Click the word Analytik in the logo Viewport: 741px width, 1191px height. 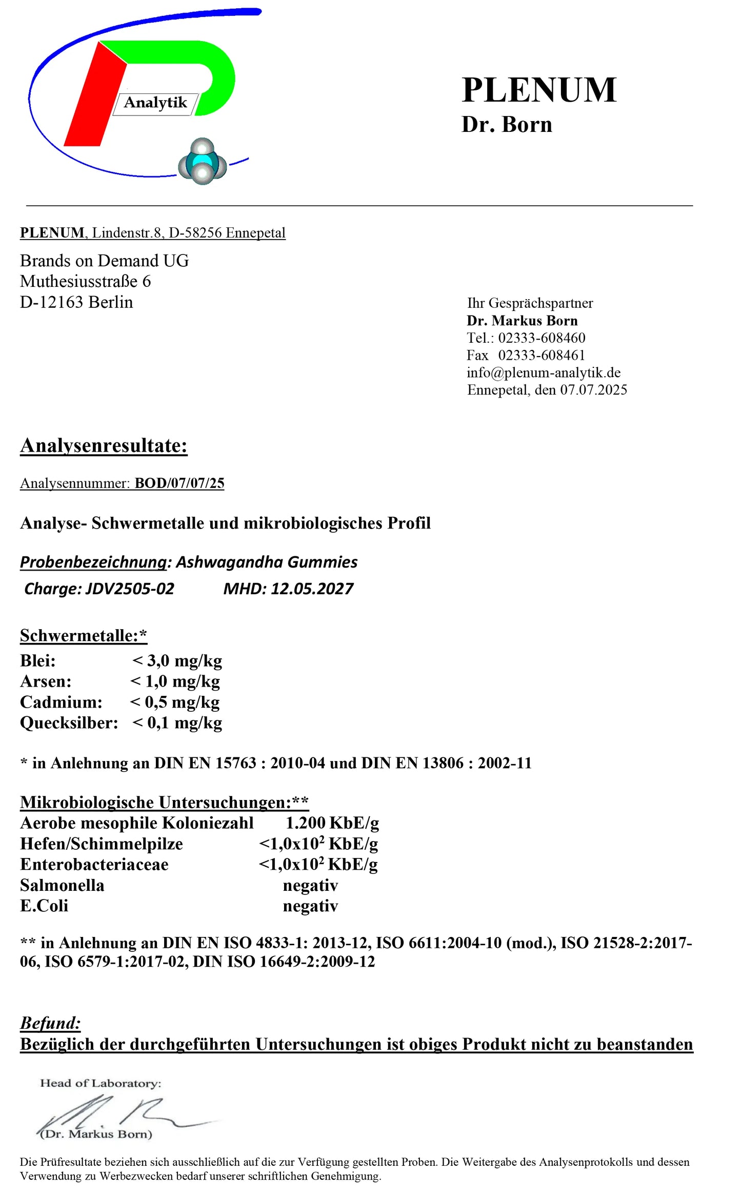click(x=155, y=103)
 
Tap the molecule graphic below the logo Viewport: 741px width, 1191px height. click(x=203, y=161)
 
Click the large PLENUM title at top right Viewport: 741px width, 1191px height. click(x=538, y=90)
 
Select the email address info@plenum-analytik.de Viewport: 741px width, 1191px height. click(x=543, y=373)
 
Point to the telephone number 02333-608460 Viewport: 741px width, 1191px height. click(x=542, y=338)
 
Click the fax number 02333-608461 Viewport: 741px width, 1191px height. click(x=542, y=355)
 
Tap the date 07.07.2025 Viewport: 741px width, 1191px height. click(x=593, y=390)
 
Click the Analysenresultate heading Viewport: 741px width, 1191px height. click(x=104, y=445)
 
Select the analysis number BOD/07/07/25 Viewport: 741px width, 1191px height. click(x=179, y=483)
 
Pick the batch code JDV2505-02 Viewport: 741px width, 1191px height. click(x=130, y=589)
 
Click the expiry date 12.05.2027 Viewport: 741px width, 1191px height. click(x=312, y=589)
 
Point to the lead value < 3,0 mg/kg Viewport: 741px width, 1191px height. click(x=177, y=661)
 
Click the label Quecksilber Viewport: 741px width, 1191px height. click(x=69, y=723)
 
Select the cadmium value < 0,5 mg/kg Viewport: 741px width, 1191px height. click(x=175, y=702)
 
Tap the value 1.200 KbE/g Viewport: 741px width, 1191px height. click(x=332, y=823)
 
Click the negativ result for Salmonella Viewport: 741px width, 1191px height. click(x=310, y=885)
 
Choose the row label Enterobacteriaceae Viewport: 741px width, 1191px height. click(x=94, y=865)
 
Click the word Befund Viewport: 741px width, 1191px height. click(x=50, y=1023)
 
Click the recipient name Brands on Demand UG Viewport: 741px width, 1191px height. click(x=104, y=261)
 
